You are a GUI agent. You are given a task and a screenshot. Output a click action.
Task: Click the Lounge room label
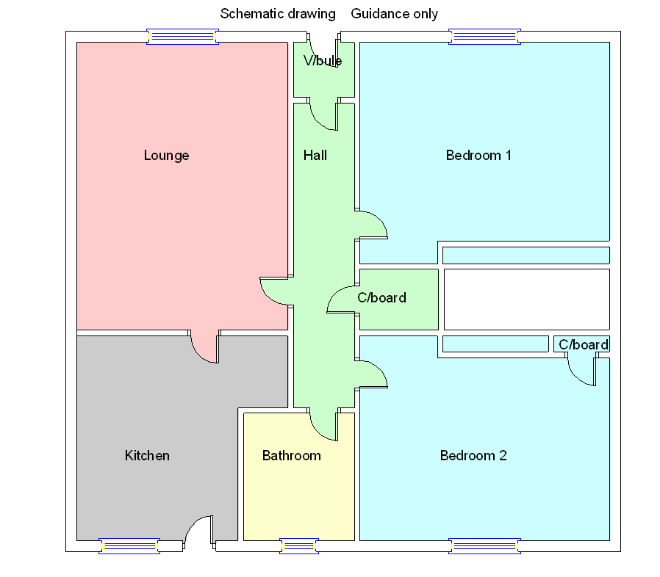166,156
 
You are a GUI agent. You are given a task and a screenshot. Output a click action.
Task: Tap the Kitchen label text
147,456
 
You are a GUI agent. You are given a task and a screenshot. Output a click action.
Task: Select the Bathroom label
291,456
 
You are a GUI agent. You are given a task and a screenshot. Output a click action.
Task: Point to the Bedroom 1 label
478,156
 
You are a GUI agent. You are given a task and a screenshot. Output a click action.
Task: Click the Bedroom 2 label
473,456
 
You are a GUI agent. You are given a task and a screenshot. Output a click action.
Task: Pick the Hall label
315,156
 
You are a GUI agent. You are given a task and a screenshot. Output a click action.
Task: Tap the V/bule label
322,61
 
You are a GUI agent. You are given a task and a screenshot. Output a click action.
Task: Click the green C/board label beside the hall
381,298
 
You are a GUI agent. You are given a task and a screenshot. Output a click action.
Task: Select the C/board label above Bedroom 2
584,345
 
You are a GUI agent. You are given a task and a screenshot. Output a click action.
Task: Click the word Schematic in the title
252,14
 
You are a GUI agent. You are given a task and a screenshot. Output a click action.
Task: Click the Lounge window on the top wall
183,37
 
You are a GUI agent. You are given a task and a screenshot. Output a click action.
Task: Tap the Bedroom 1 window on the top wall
484,37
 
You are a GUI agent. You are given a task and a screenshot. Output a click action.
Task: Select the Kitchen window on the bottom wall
129,545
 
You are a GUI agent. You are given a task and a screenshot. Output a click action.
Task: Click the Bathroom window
299,545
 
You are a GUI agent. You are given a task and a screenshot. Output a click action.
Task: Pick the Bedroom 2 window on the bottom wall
484,545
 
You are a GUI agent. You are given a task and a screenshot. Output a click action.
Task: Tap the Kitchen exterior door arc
197,530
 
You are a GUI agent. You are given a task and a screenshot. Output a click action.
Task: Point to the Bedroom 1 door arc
373,225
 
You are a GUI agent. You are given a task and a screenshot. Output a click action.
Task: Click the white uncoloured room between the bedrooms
526,299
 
